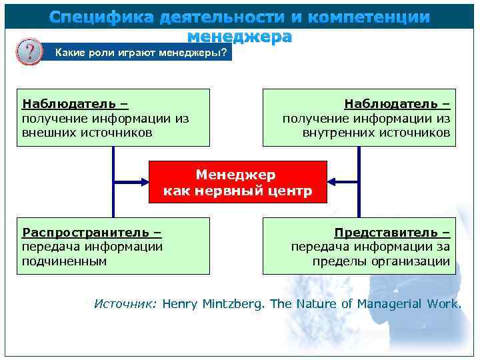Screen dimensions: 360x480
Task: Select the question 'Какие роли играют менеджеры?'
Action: [140, 53]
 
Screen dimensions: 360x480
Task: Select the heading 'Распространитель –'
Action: [92, 233]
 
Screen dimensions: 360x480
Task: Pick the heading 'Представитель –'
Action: [392, 233]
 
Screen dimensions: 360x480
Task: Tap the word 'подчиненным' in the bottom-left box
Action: [65, 261]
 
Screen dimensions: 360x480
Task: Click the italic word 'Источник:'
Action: [125, 304]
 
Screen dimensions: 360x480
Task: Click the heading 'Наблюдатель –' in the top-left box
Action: [75, 104]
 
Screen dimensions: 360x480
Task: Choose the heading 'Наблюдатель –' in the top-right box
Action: [397, 104]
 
